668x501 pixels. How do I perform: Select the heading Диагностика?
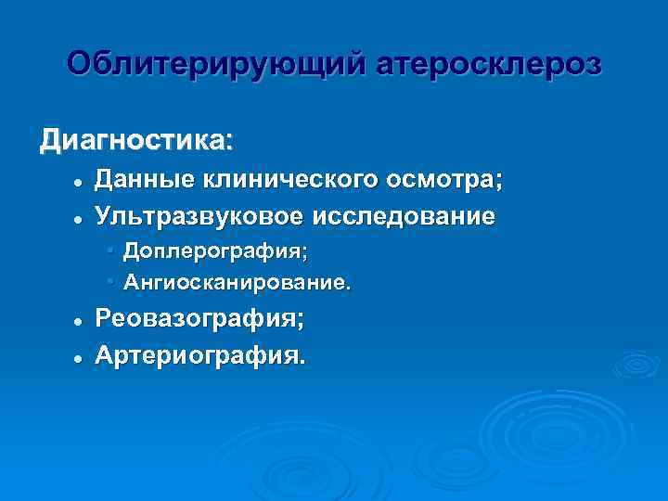[136, 142]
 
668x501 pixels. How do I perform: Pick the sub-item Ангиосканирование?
[238, 280]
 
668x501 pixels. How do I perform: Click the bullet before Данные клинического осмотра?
[81, 182]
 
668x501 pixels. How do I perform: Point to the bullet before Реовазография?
[81, 320]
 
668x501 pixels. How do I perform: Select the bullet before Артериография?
[81, 357]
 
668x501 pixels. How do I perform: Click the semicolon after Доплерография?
[303, 252]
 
